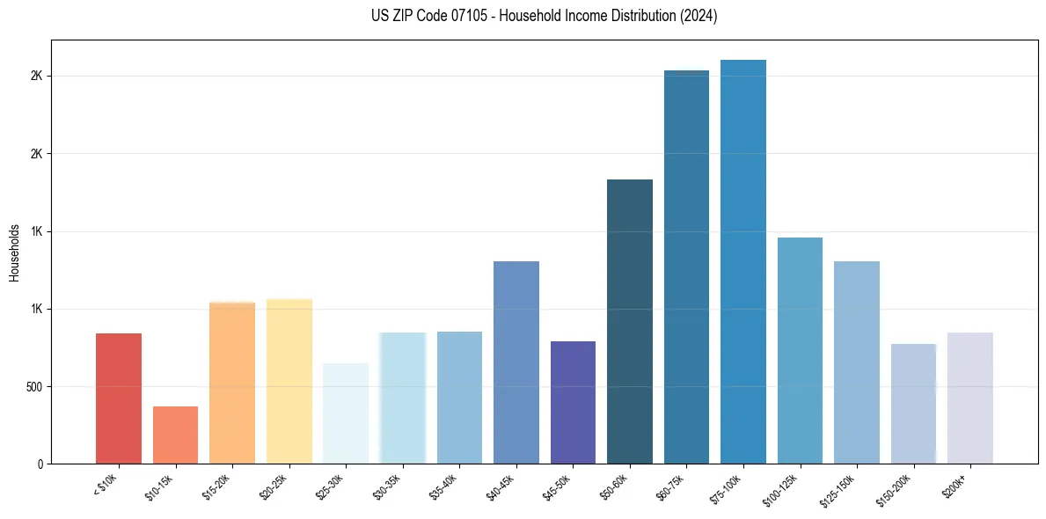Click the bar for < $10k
119,398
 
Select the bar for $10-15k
175,435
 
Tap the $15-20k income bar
232,383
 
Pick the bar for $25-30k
346,413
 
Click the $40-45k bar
516,362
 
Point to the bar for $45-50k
573,402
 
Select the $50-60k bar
630,321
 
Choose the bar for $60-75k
686,267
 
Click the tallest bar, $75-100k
743,261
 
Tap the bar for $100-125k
800,350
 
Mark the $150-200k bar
913,404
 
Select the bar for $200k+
970,398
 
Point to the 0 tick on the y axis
40,464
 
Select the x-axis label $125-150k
840,489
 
